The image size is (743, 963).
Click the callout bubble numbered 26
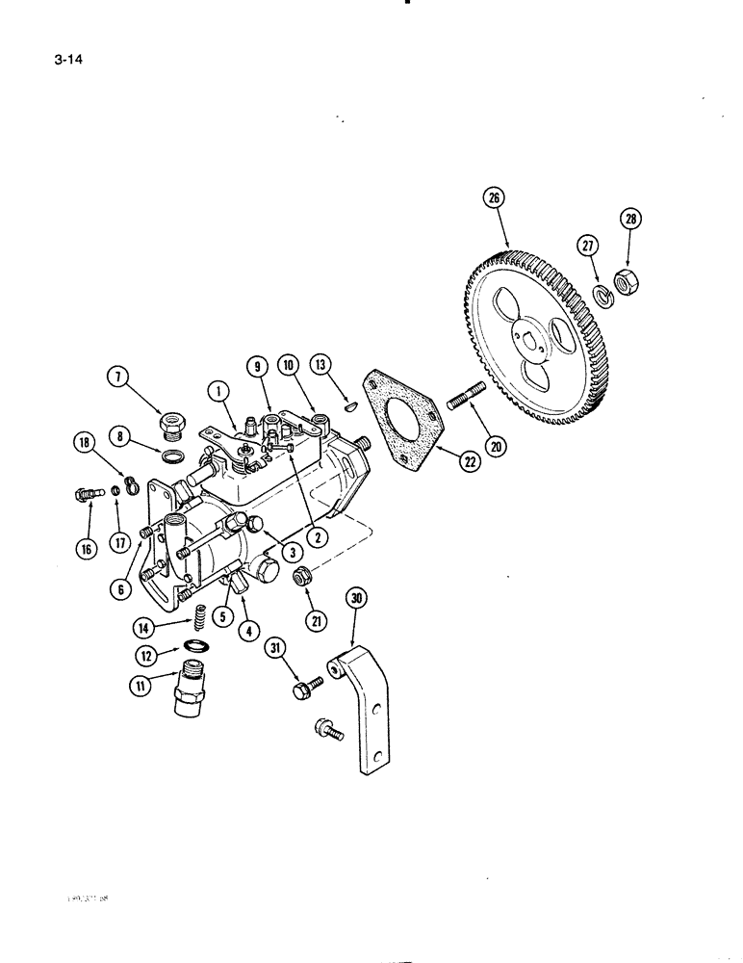pos(494,200)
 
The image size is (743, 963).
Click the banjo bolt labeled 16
pos(86,495)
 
